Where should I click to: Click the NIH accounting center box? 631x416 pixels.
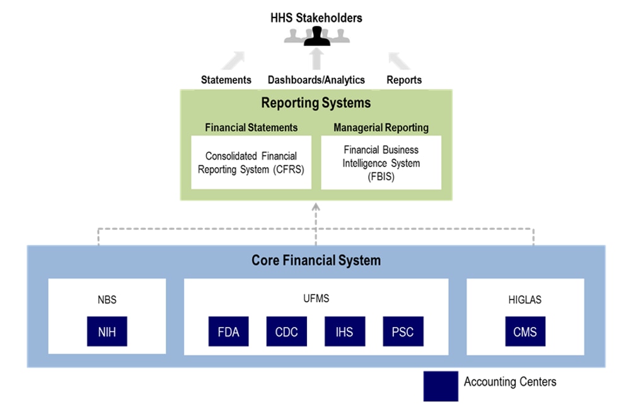pos(107,331)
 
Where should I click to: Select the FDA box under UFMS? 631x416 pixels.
pos(228,331)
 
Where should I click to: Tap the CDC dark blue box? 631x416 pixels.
pos(286,331)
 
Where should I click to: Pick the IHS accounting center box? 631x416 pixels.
pos(344,331)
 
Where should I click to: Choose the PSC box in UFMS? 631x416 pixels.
pos(402,331)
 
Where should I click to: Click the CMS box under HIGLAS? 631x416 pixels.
pos(524,331)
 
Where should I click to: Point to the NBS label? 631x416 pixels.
pos(107,300)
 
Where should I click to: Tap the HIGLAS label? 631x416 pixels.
pos(524,300)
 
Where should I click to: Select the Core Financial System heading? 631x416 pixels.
pos(316,260)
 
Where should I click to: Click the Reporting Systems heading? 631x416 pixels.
pos(316,102)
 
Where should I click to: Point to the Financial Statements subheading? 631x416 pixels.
pos(251,127)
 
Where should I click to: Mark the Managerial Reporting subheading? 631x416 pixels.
pos(381,127)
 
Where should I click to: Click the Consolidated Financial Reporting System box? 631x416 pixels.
pos(251,163)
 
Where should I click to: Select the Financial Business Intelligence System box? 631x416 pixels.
pos(381,163)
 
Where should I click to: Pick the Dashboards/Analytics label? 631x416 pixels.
pos(316,80)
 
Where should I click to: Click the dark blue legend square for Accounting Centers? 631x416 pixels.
pos(441,386)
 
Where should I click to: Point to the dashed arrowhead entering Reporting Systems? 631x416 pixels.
pos(316,205)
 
